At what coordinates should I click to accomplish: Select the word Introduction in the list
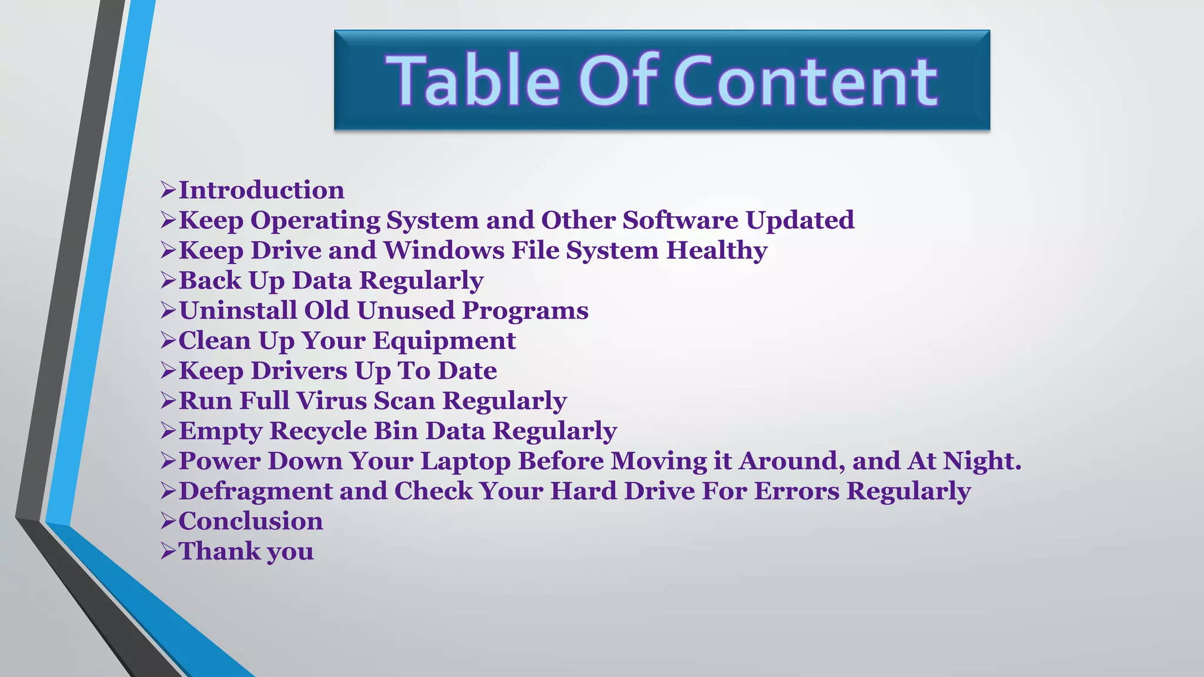click(261, 190)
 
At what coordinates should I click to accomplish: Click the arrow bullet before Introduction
click(168, 190)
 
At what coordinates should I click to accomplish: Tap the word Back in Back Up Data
click(210, 280)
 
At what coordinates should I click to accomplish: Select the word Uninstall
click(238, 310)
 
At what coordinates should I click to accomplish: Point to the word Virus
click(332, 401)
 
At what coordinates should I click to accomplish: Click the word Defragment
click(255, 491)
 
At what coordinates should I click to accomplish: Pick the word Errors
click(796, 491)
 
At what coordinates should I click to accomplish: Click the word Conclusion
click(250, 521)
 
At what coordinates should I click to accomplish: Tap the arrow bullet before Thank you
click(168, 551)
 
